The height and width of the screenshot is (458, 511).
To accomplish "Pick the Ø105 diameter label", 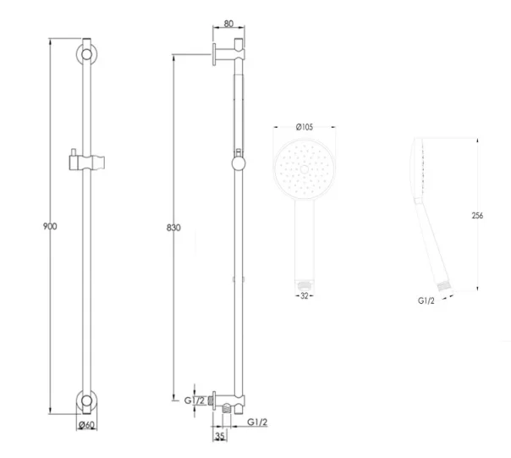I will click(x=305, y=128).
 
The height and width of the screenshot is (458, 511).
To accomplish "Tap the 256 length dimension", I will click(x=478, y=216).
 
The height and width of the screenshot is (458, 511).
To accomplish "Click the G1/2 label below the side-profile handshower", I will click(x=426, y=299).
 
